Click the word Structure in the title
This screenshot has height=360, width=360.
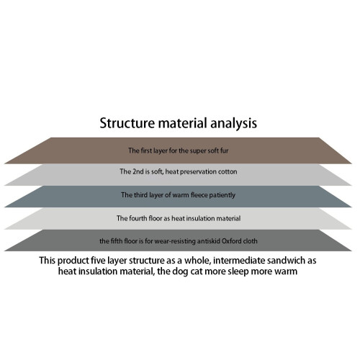point(127,123)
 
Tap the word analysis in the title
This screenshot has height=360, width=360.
point(233,124)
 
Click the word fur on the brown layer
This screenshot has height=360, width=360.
point(224,150)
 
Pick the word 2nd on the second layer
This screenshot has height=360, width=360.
point(138,171)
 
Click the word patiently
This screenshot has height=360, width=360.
point(222,195)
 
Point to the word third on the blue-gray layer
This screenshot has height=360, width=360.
point(140,195)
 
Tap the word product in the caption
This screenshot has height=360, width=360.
point(73,261)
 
